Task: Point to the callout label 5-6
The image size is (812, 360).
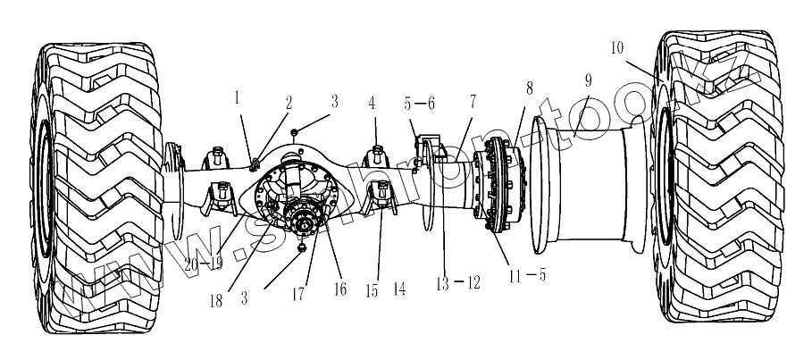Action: [x=420, y=104]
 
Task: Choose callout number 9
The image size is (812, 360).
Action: [x=588, y=80]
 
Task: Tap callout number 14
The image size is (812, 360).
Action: [x=400, y=289]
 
